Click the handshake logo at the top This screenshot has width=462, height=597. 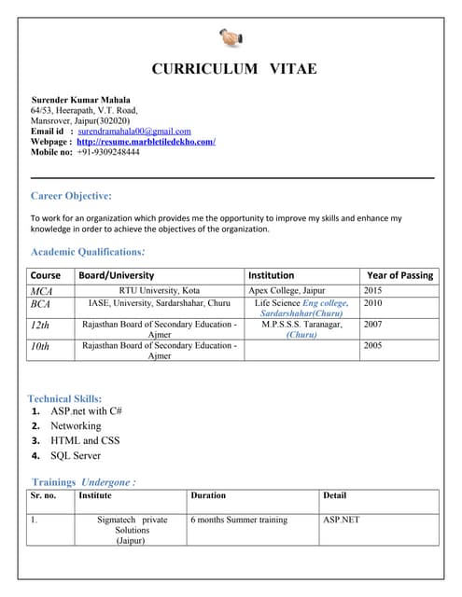(231, 38)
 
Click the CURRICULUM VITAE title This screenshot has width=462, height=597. (234, 69)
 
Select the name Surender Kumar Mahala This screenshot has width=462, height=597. (81, 100)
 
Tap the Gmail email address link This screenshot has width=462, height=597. (134, 132)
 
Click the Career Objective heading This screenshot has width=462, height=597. (71, 196)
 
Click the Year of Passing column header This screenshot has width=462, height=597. (399, 275)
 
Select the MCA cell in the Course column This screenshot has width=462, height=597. (41, 291)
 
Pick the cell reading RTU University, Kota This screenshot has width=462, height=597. (160, 291)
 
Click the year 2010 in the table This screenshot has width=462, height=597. (373, 303)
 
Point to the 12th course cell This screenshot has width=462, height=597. (40, 325)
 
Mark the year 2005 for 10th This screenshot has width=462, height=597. (373, 345)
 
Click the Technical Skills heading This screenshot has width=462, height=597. (64, 398)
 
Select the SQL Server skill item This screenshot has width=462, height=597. (76, 456)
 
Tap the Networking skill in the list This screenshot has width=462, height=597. (76, 425)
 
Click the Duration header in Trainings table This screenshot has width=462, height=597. (208, 495)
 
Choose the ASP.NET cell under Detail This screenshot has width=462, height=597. (341, 520)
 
